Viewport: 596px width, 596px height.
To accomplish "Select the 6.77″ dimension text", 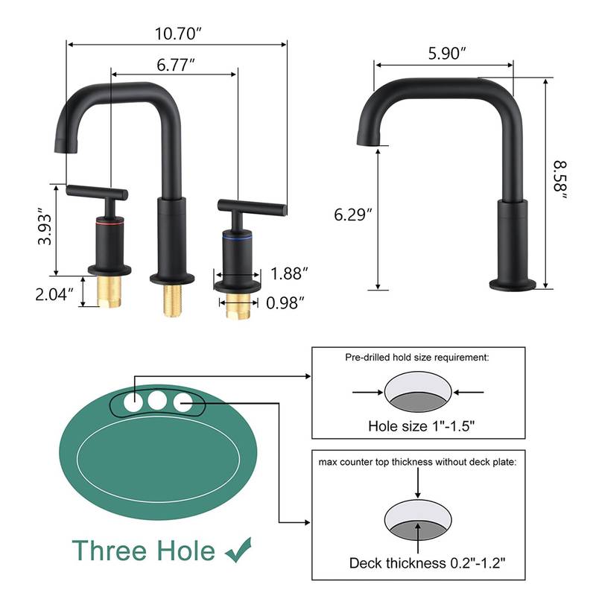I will click(176, 64).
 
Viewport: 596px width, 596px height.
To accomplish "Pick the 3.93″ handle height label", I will click(45, 230).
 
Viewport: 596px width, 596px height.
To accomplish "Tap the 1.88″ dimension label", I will click(290, 273).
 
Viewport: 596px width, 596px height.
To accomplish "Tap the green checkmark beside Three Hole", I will click(239, 550).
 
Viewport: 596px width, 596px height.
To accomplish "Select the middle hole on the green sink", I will click(156, 402).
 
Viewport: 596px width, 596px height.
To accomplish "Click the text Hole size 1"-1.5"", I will click(422, 427).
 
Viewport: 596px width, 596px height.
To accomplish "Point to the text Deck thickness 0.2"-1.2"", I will click(421, 562).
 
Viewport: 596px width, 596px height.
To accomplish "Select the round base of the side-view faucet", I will click(512, 284).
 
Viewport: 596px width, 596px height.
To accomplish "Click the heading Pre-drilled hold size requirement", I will click(417, 358).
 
